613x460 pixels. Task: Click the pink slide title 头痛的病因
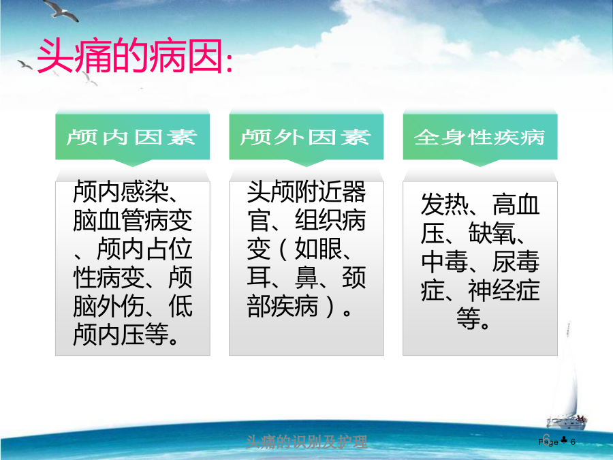(x=135, y=57)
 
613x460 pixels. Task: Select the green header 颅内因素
(x=131, y=137)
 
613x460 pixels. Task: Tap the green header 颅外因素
(x=306, y=137)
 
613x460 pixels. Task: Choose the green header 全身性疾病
(x=480, y=137)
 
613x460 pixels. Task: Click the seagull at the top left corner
(x=61, y=10)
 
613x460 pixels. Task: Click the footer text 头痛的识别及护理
(x=306, y=442)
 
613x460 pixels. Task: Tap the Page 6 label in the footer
(x=556, y=442)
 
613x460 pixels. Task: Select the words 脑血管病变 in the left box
(x=133, y=220)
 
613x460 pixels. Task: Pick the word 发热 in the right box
(x=445, y=204)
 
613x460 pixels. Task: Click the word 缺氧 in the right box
(x=492, y=233)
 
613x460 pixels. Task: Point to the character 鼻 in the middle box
(x=306, y=277)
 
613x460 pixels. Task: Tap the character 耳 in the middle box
(x=259, y=277)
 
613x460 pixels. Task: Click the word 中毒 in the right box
(x=445, y=261)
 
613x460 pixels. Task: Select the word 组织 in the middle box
(x=318, y=220)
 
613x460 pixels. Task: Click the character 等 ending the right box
(x=469, y=318)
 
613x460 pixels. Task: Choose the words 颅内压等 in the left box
(x=121, y=335)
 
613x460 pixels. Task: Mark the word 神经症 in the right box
(x=504, y=290)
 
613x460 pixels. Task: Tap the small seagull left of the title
(x=25, y=65)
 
